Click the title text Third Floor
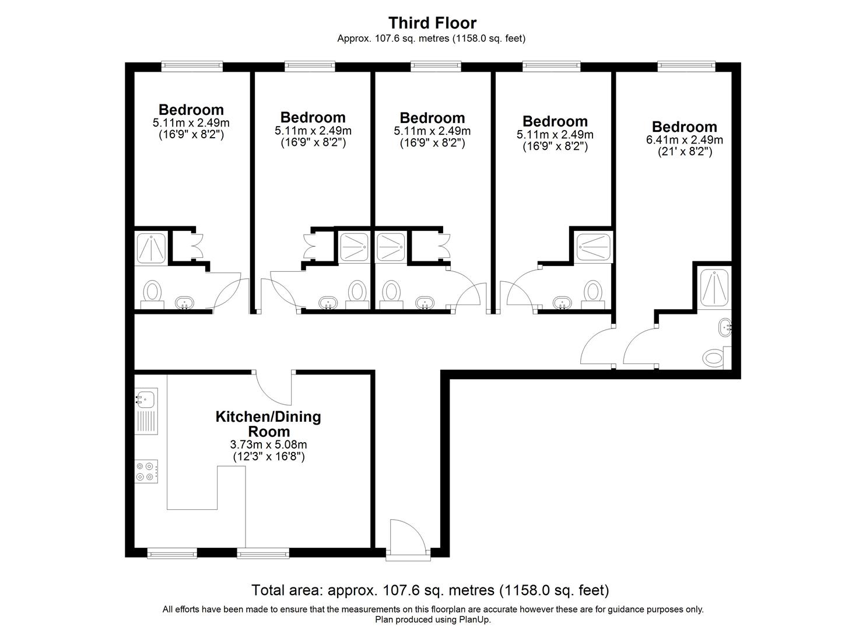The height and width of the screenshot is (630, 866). (x=432, y=23)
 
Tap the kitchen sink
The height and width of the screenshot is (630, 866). (x=145, y=400)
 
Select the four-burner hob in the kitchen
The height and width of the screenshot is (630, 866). (x=146, y=471)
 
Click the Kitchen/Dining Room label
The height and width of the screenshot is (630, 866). (x=268, y=424)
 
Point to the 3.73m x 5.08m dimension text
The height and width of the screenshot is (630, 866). (x=268, y=445)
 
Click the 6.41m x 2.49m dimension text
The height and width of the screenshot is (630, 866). (x=684, y=140)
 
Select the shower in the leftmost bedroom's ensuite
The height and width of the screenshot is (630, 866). (x=150, y=248)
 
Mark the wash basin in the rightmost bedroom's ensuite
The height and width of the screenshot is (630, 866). (x=725, y=327)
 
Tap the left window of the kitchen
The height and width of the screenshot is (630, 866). (x=171, y=552)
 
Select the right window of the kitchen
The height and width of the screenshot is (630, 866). (x=263, y=552)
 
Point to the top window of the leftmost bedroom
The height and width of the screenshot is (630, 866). (x=192, y=66)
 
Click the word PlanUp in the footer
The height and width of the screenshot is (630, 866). (x=476, y=619)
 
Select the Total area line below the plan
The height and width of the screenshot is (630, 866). (x=430, y=590)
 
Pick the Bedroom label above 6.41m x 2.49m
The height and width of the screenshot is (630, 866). (x=684, y=127)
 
